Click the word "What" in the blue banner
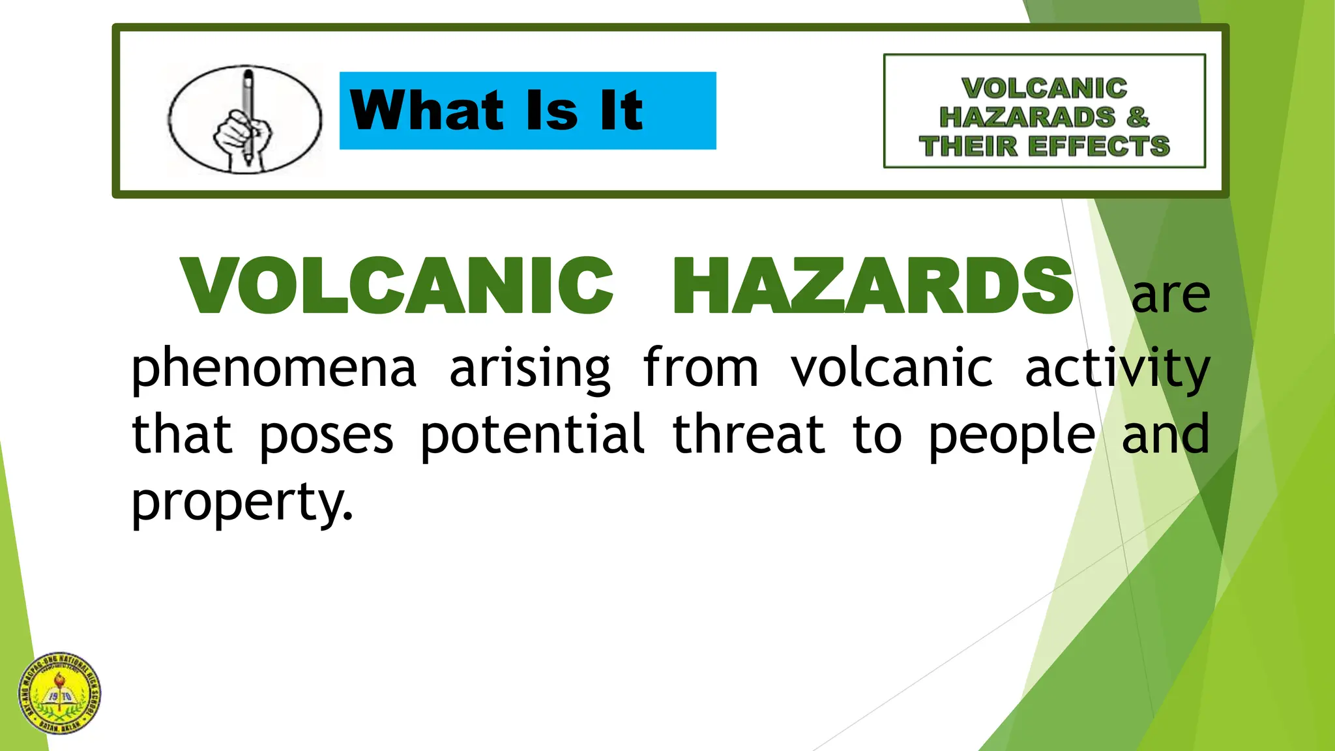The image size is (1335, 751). tap(426, 110)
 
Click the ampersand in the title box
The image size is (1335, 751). tap(1137, 117)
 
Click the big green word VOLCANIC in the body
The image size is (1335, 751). tap(397, 286)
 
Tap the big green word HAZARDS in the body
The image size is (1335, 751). tap(873, 286)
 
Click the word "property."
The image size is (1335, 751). tap(242, 502)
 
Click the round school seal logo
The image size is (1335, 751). tap(60, 694)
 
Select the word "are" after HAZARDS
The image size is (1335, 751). tap(1170, 295)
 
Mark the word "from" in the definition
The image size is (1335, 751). tap(701, 368)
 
